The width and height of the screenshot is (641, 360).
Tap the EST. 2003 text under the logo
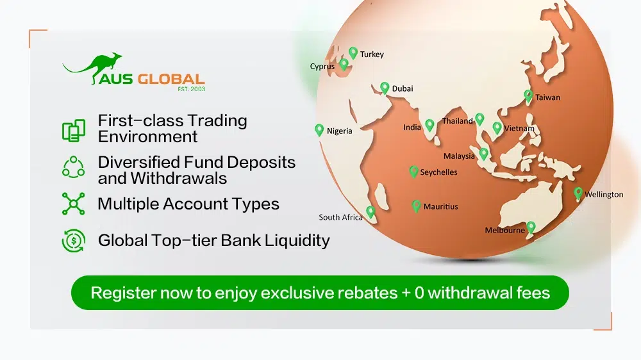pos(191,89)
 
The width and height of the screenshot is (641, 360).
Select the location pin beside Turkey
pos(353,53)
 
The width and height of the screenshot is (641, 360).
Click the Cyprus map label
pos(322,67)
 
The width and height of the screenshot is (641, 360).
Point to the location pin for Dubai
pos(385,88)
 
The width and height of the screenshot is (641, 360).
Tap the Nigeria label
pos(339,131)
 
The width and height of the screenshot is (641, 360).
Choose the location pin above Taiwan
pos(528,95)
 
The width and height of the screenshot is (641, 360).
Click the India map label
pos(412,127)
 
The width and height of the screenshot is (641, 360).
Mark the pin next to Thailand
pos(479,119)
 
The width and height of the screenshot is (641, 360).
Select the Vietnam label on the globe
pos(519,129)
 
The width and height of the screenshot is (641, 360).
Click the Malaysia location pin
pos(484,154)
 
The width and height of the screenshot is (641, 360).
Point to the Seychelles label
pos(438,173)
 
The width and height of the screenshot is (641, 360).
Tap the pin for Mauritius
pos(416,206)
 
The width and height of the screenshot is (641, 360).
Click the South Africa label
pos(340,218)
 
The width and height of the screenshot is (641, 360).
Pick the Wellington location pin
pos(578,193)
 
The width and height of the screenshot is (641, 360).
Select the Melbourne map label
pos(504,231)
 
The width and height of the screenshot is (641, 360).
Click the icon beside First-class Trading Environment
pos(73,129)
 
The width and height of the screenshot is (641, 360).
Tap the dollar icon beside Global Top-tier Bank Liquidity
pos(73,241)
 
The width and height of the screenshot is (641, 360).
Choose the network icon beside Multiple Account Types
pos(73,204)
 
